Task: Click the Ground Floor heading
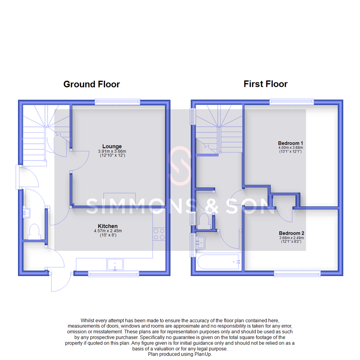tap(92, 84)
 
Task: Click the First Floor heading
tap(265, 84)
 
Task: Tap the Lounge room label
tap(112, 146)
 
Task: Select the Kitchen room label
tap(107, 226)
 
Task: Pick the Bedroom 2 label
tap(291, 233)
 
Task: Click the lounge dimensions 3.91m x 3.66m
tap(112, 151)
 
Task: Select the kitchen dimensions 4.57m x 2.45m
tap(107, 231)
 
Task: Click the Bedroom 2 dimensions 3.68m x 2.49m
tap(291, 238)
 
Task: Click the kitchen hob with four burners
tap(159, 234)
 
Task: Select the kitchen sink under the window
tap(115, 265)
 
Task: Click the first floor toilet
tap(204, 221)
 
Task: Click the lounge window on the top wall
tap(117, 102)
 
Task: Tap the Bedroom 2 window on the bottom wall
tap(297, 274)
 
